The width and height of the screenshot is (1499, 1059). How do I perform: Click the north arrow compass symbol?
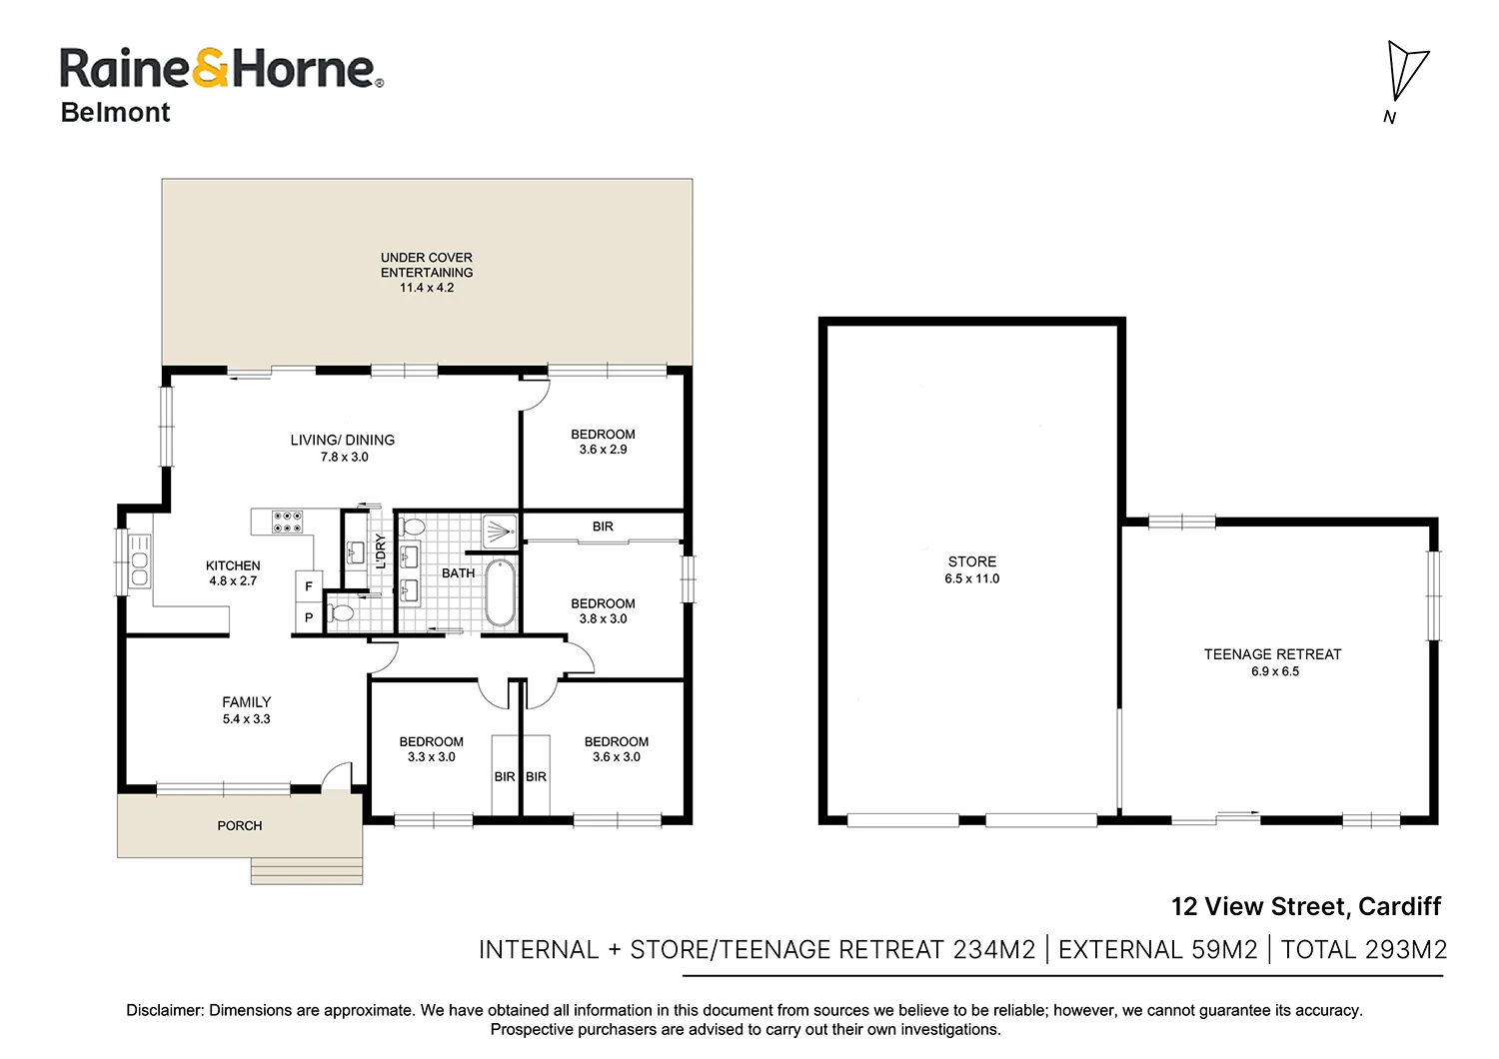[x=1406, y=78]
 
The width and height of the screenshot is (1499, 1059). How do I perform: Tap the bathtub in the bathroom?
[x=500, y=593]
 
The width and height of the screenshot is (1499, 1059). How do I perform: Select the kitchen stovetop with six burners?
[x=287, y=522]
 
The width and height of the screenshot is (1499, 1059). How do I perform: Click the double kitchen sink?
[x=139, y=561]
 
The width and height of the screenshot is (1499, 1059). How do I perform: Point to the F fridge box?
[x=309, y=586]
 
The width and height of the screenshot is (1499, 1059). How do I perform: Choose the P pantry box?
[x=309, y=617]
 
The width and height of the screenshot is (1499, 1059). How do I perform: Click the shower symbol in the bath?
[x=500, y=532]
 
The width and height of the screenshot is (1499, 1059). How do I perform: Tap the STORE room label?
[x=971, y=561]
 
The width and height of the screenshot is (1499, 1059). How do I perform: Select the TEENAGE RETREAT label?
[x=1272, y=654]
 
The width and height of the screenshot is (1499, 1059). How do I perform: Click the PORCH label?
[x=240, y=825]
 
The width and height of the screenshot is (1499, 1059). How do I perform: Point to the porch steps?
[x=307, y=871]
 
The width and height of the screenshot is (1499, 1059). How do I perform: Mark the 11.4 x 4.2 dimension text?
[x=427, y=288]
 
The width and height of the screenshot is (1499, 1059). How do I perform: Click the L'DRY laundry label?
[x=380, y=551]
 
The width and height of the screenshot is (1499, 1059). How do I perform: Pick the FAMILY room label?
[x=246, y=702]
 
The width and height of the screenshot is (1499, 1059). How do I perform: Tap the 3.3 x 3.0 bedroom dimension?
[x=431, y=756]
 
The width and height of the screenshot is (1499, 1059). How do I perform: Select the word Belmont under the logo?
[x=115, y=112]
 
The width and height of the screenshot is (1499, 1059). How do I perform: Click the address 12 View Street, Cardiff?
[x=1306, y=906]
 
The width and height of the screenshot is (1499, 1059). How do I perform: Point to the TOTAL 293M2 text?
[x=1364, y=950]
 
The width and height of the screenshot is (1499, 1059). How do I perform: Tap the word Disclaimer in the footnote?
[x=165, y=1010]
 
